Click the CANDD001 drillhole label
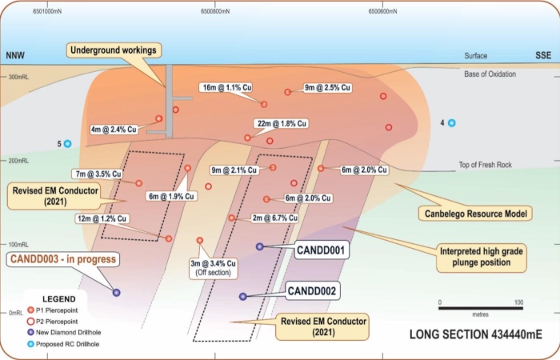click(x=321, y=250)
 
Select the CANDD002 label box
click(x=312, y=290)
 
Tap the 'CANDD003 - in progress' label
click(x=63, y=259)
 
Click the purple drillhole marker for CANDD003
click(x=117, y=293)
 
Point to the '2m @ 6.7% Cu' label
click(x=274, y=218)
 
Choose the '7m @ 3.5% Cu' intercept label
click(x=98, y=174)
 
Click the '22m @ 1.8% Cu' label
click(x=282, y=123)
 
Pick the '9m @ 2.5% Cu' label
click(x=327, y=87)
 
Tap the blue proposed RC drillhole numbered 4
click(x=452, y=123)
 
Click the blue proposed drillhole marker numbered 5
click(x=67, y=144)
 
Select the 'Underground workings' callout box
click(x=114, y=50)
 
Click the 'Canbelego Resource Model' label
click(x=476, y=214)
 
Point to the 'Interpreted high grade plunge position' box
click(x=482, y=257)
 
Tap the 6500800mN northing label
click(x=215, y=11)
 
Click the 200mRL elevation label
click(x=18, y=161)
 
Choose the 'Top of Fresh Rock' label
click(x=485, y=165)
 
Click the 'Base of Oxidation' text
click(x=490, y=74)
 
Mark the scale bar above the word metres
click(x=481, y=308)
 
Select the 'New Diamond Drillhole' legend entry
click(x=64, y=333)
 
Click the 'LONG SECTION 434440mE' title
click(x=476, y=334)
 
